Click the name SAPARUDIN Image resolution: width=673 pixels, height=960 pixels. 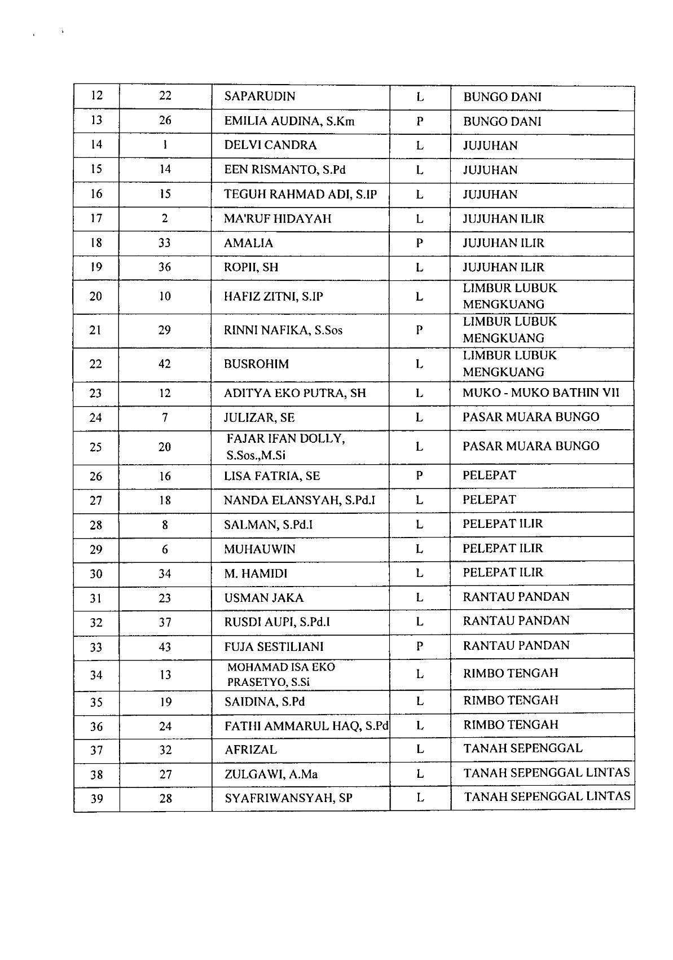click(259, 96)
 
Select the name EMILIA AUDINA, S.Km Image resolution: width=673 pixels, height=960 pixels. click(289, 121)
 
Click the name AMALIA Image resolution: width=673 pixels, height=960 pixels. click(248, 243)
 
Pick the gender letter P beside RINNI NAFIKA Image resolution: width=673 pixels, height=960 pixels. click(419, 331)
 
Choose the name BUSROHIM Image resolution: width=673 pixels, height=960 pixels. click(256, 364)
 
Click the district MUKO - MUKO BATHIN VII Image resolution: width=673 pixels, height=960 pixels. click(540, 393)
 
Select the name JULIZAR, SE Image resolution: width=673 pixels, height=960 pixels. click(259, 418)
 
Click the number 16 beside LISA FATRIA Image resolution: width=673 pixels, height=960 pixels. click(165, 476)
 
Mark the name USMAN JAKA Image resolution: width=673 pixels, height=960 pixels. click(263, 598)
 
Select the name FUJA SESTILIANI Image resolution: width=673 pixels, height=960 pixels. click(274, 647)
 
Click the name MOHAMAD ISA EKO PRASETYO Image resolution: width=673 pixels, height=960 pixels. click(281, 675)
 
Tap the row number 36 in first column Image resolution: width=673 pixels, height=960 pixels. click(96, 726)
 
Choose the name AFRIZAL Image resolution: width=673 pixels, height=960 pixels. click(250, 750)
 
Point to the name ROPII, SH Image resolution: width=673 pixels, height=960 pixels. click(251, 267)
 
